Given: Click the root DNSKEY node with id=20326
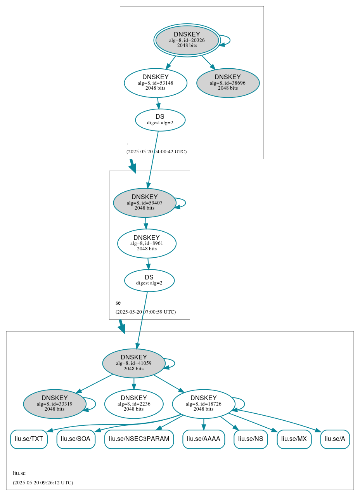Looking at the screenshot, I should (187, 40).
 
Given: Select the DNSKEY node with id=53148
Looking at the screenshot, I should (156, 83).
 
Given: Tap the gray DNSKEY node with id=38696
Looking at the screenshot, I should (228, 83).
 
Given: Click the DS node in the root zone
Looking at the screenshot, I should (160, 120).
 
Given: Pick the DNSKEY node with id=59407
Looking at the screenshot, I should (144, 203).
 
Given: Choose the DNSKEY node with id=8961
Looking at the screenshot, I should (147, 243).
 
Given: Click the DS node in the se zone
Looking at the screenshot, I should (149, 280).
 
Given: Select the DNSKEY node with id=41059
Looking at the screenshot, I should (133, 363).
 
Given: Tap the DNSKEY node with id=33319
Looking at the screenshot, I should (54, 404).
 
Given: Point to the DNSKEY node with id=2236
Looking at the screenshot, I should (133, 404).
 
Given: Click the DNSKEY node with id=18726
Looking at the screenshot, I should (203, 404).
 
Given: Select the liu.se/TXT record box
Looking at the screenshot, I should (29, 439).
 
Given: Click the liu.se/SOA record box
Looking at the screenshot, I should (76, 439).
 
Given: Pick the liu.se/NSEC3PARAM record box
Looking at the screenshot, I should (139, 439).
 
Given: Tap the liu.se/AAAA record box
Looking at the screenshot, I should (203, 439).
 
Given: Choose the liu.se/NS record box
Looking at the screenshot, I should (250, 439).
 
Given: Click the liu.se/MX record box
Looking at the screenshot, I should (294, 439).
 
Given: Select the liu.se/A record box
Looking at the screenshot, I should (335, 439).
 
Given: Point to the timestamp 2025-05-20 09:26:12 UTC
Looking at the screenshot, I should (43, 483).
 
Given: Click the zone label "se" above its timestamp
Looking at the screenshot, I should (118, 303).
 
